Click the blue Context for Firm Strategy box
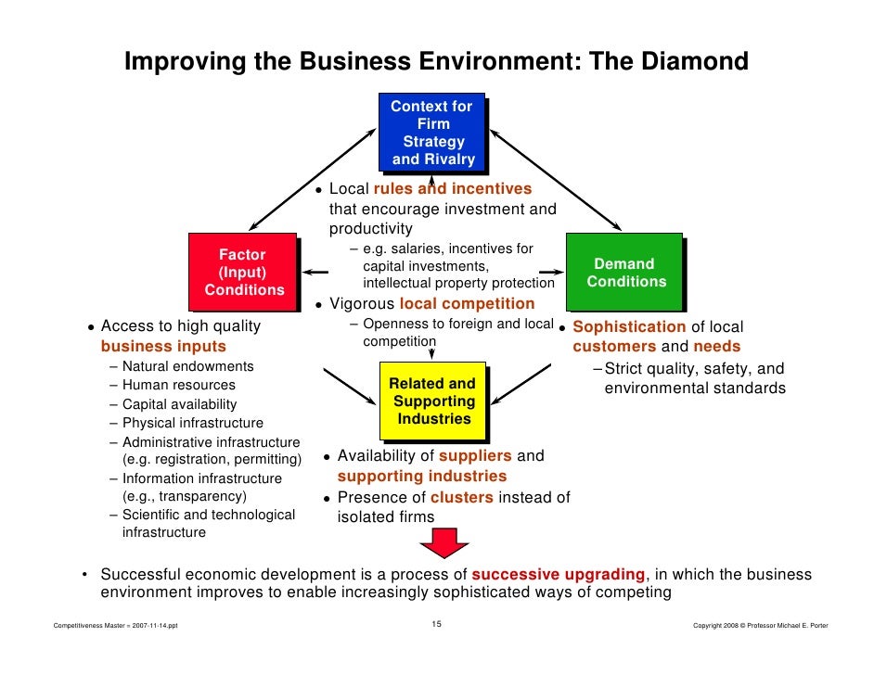pos(432,133)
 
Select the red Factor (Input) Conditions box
pos(243,272)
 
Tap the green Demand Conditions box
pos(624,273)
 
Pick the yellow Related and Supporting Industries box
pos(432,401)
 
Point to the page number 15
pos(437,625)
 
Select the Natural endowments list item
pos(187,366)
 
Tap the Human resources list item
pos(178,385)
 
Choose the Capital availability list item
pos(179,404)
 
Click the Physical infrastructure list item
pos(192,423)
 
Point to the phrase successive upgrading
pos(558,575)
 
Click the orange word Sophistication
pos(630,326)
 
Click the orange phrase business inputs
pos(163,346)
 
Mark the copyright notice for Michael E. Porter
pos(760,626)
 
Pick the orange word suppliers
pos(475,456)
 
